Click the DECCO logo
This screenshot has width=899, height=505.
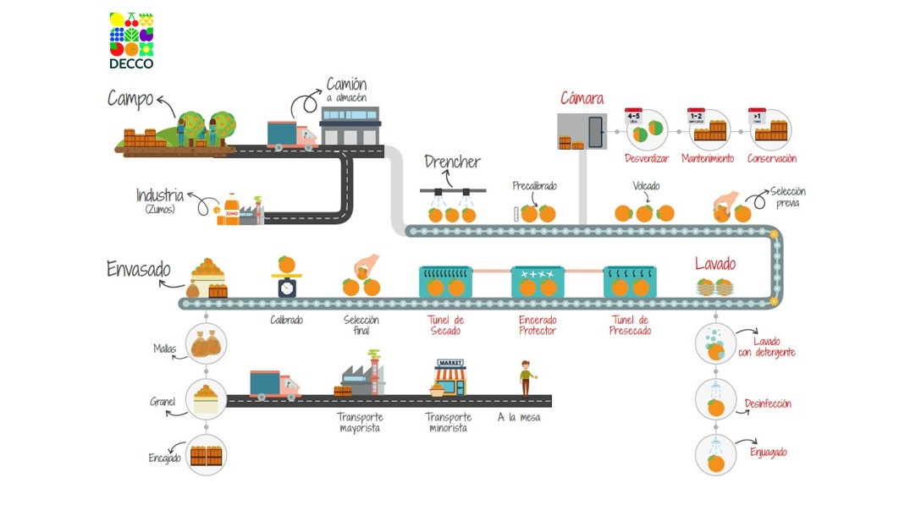tap(131, 40)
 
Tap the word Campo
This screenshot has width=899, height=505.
tap(130, 99)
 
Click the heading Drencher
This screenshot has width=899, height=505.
tap(453, 162)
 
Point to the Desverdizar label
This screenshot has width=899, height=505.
tap(647, 158)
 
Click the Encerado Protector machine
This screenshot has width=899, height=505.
tap(538, 282)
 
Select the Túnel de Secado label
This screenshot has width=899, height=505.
tap(445, 326)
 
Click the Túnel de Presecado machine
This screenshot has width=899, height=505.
tap(630, 282)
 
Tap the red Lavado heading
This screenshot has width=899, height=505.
tap(715, 264)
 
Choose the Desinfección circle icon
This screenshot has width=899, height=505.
tap(716, 401)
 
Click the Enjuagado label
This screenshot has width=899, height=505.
tap(769, 453)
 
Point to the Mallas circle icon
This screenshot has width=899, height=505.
tap(206, 343)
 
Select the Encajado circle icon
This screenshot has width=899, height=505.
tap(206, 455)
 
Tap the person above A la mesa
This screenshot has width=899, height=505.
tap(526, 377)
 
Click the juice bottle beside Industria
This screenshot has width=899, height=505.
tap(230, 209)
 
